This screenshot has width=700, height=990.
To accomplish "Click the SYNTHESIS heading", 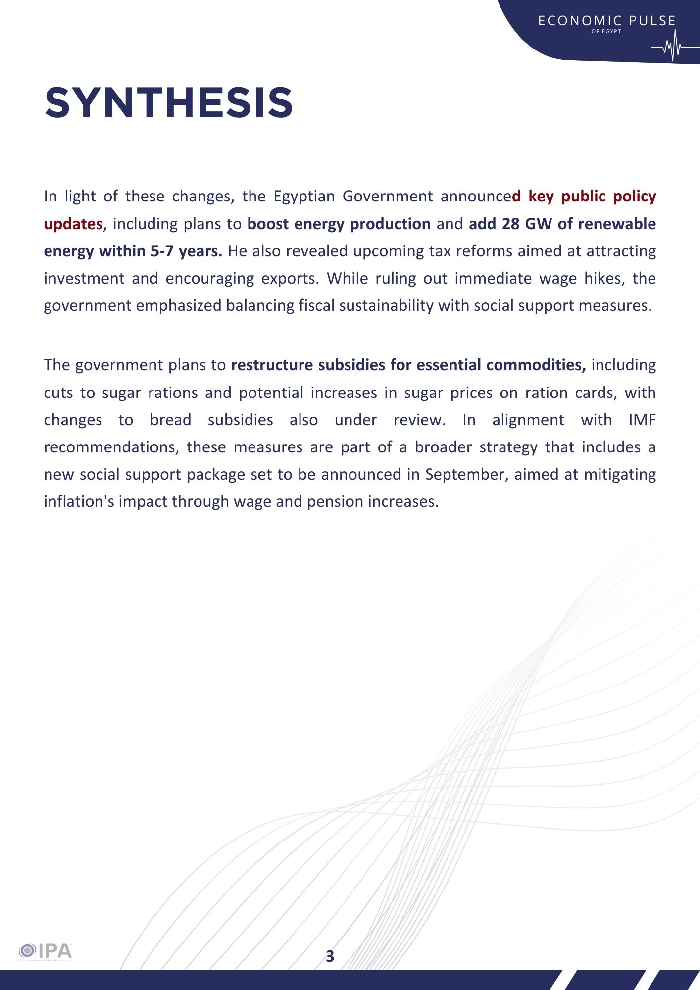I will click(169, 103).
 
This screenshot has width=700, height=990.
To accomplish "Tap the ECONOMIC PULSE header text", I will click(606, 21).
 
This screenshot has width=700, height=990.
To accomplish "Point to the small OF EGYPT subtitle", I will click(606, 32).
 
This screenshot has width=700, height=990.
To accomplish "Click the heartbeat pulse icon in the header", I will click(672, 47).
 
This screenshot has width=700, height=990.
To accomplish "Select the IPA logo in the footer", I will click(46, 951).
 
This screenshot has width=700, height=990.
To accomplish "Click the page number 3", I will click(330, 956).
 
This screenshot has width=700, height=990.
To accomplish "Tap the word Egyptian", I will click(304, 197).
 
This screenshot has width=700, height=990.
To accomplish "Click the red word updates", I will click(73, 224).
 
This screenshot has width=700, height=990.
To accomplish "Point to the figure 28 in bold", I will click(510, 224).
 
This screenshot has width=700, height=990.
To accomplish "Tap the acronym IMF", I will click(642, 420).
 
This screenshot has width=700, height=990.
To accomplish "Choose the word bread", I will click(170, 420).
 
